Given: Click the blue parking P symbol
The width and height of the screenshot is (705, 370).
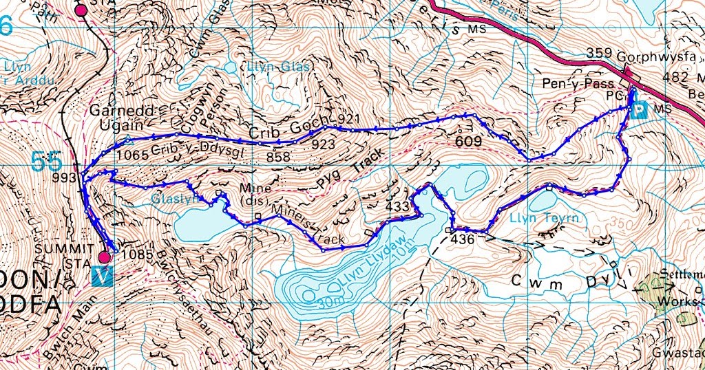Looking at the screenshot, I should pyautogui.click(x=640, y=110).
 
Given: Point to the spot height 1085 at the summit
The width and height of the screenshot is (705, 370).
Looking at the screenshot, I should pyautogui.click(x=133, y=254).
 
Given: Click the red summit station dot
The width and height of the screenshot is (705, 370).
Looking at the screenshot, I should pyautogui.click(x=103, y=257).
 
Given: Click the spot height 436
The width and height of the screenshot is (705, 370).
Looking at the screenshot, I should pyautogui.click(x=463, y=239).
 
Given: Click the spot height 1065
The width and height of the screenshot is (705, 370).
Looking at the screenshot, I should pyautogui.click(x=133, y=155).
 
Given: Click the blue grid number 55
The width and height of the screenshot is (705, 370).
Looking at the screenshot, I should pyautogui.click(x=46, y=162).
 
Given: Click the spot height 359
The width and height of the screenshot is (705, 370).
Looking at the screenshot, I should pyautogui.click(x=600, y=53).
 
